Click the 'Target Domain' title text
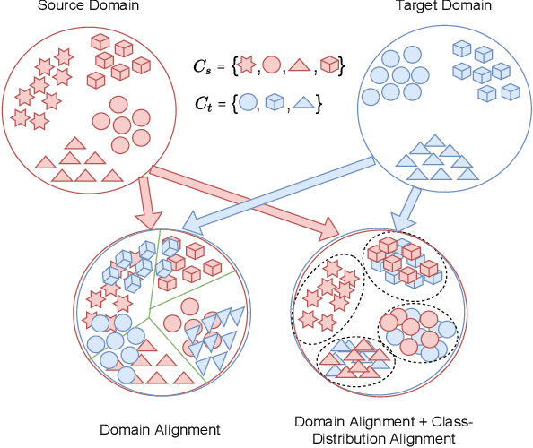tap(431, 6)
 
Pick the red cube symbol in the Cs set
tap(330, 65)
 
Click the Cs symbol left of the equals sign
tap(202, 66)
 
